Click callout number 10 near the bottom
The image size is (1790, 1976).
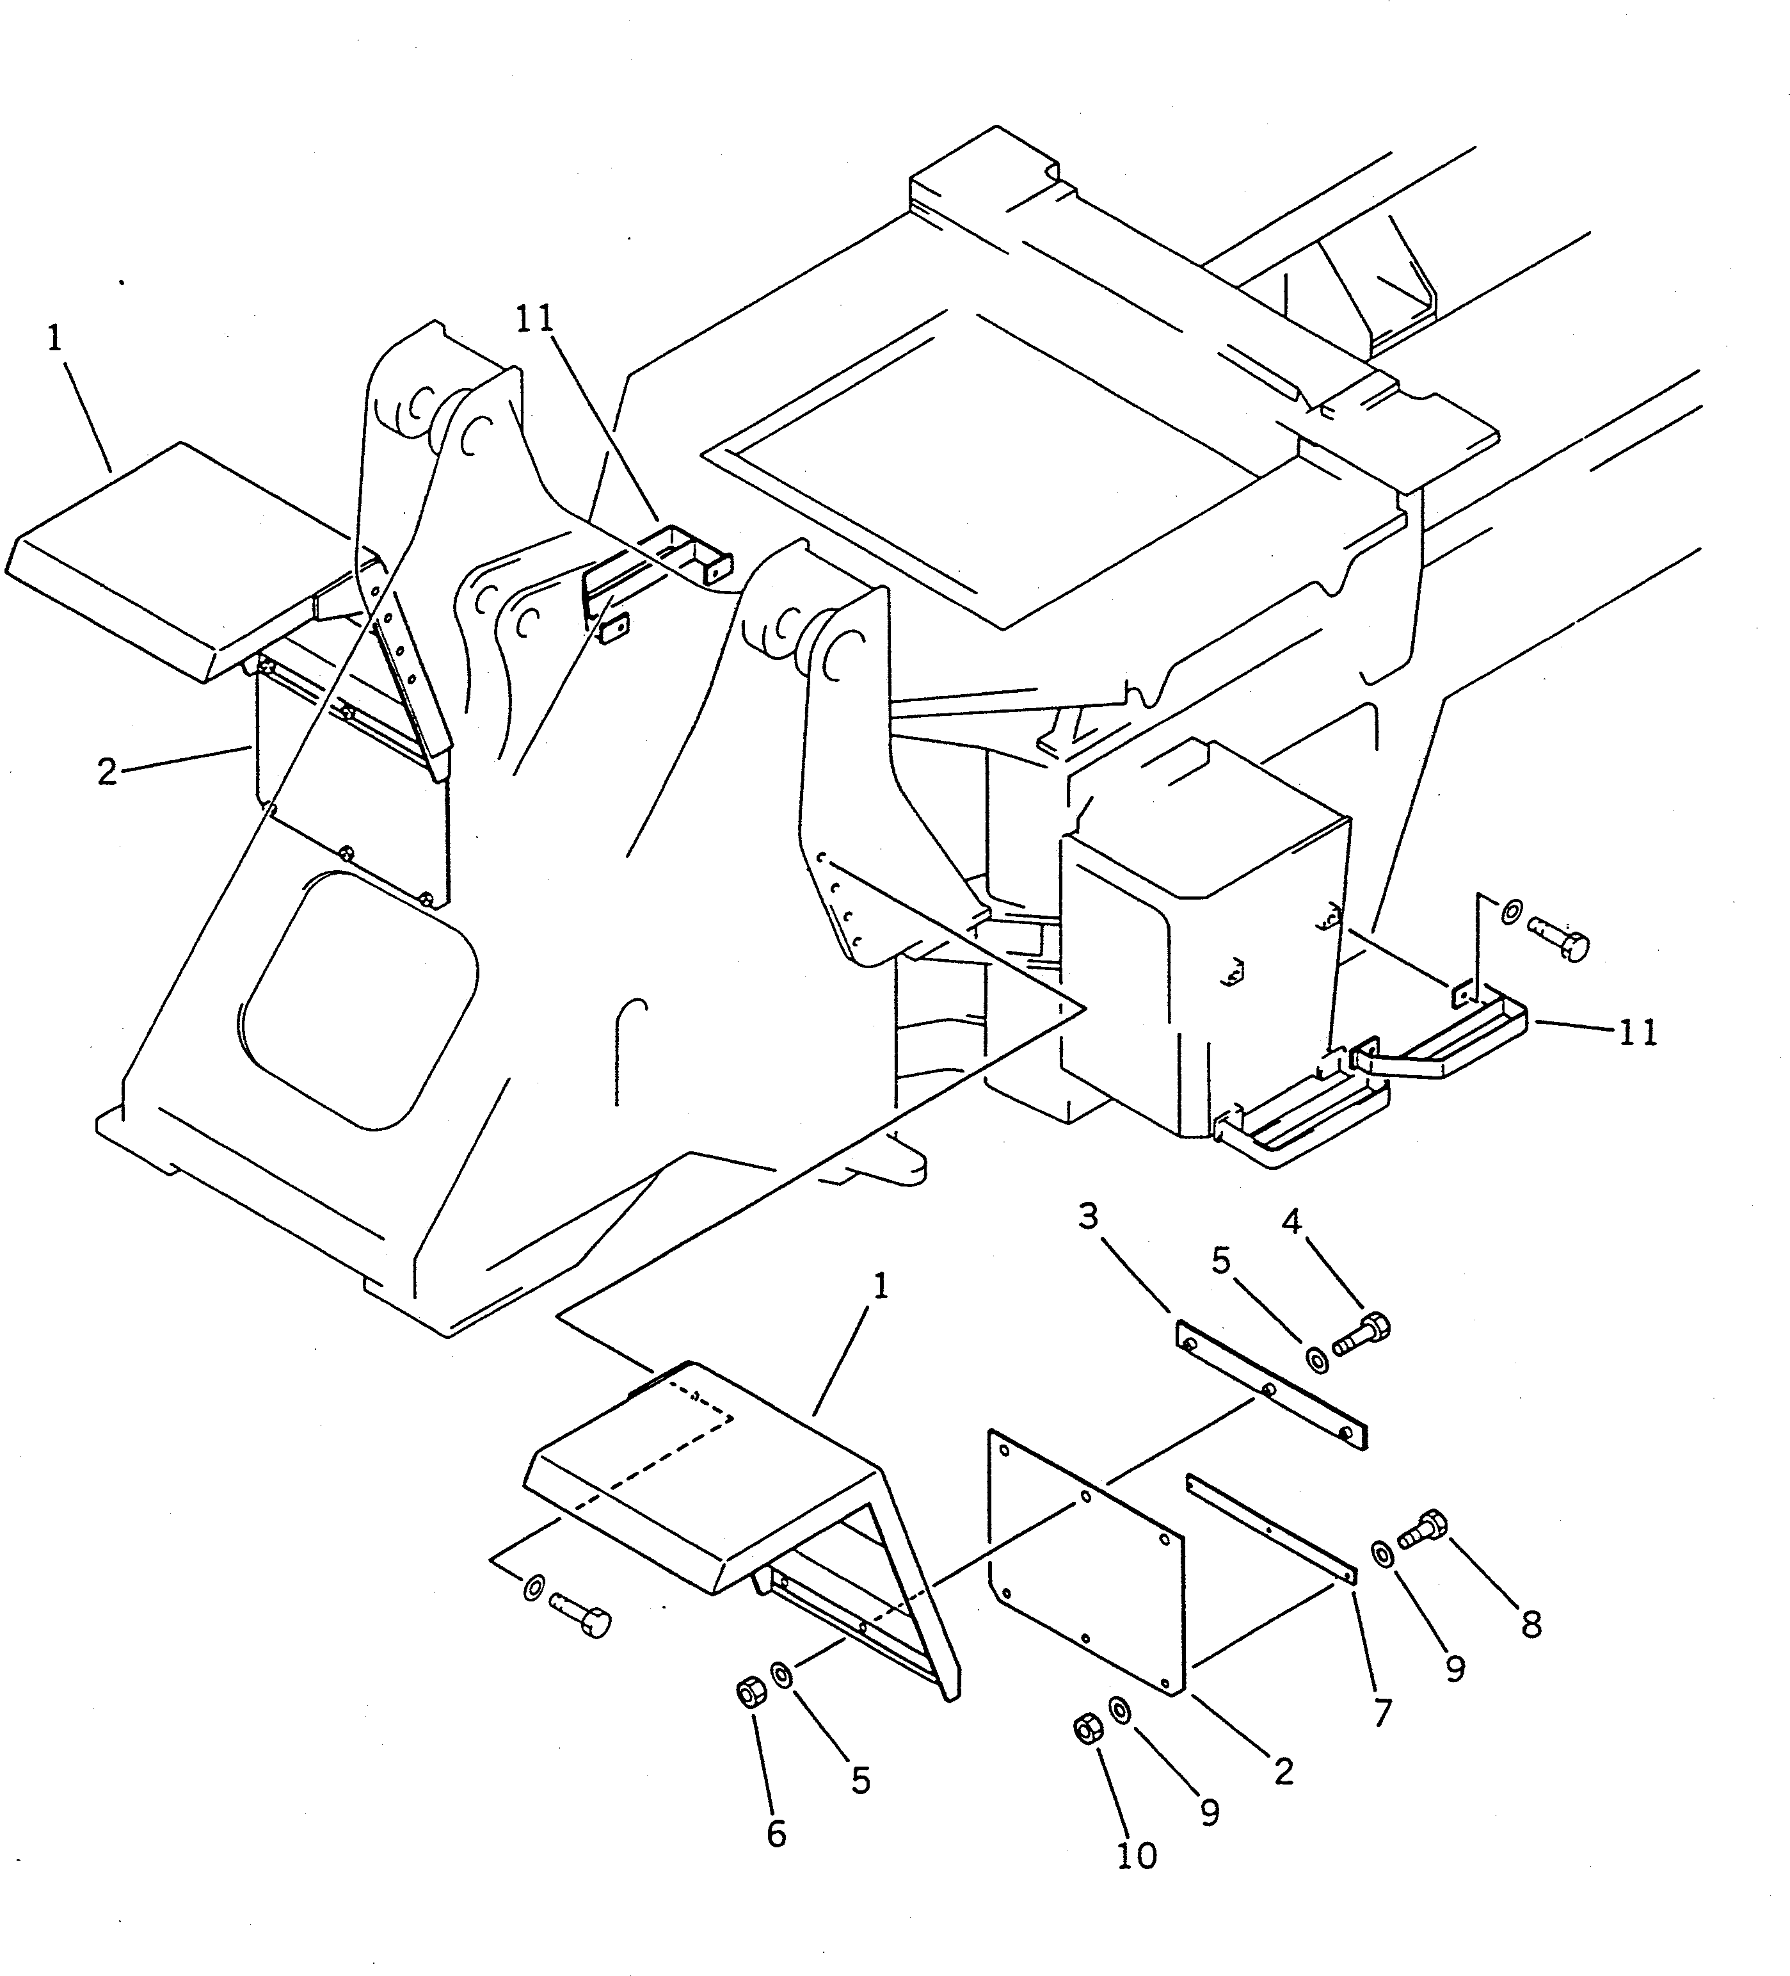pyautogui.click(x=1137, y=1856)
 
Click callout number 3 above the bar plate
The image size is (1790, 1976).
pyautogui.click(x=1089, y=1217)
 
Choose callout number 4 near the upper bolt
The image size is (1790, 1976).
pyautogui.click(x=1291, y=1222)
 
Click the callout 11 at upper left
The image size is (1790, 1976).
pyautogui.click(x=535, y=320)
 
